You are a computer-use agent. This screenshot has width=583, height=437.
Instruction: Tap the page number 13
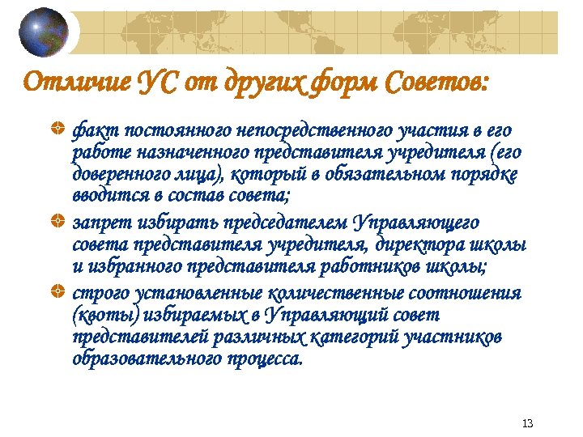pos(528,423)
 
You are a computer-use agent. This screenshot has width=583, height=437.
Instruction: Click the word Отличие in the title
pos(70,82)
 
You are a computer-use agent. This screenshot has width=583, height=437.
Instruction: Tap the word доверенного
pos(117,175)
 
